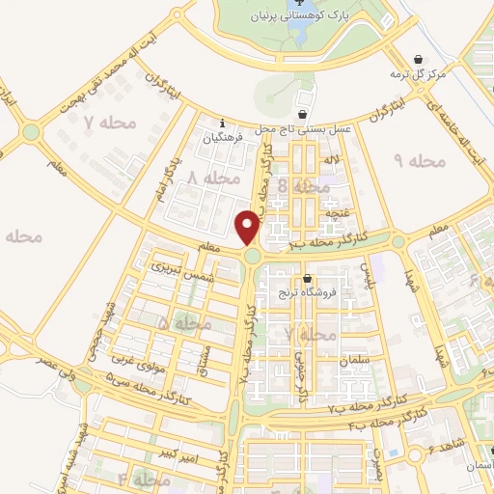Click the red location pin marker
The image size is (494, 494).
[249, 228]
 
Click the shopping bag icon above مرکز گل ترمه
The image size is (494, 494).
[417, 58]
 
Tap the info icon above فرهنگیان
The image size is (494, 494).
[223, 123]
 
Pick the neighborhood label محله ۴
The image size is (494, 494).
[136, 480]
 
